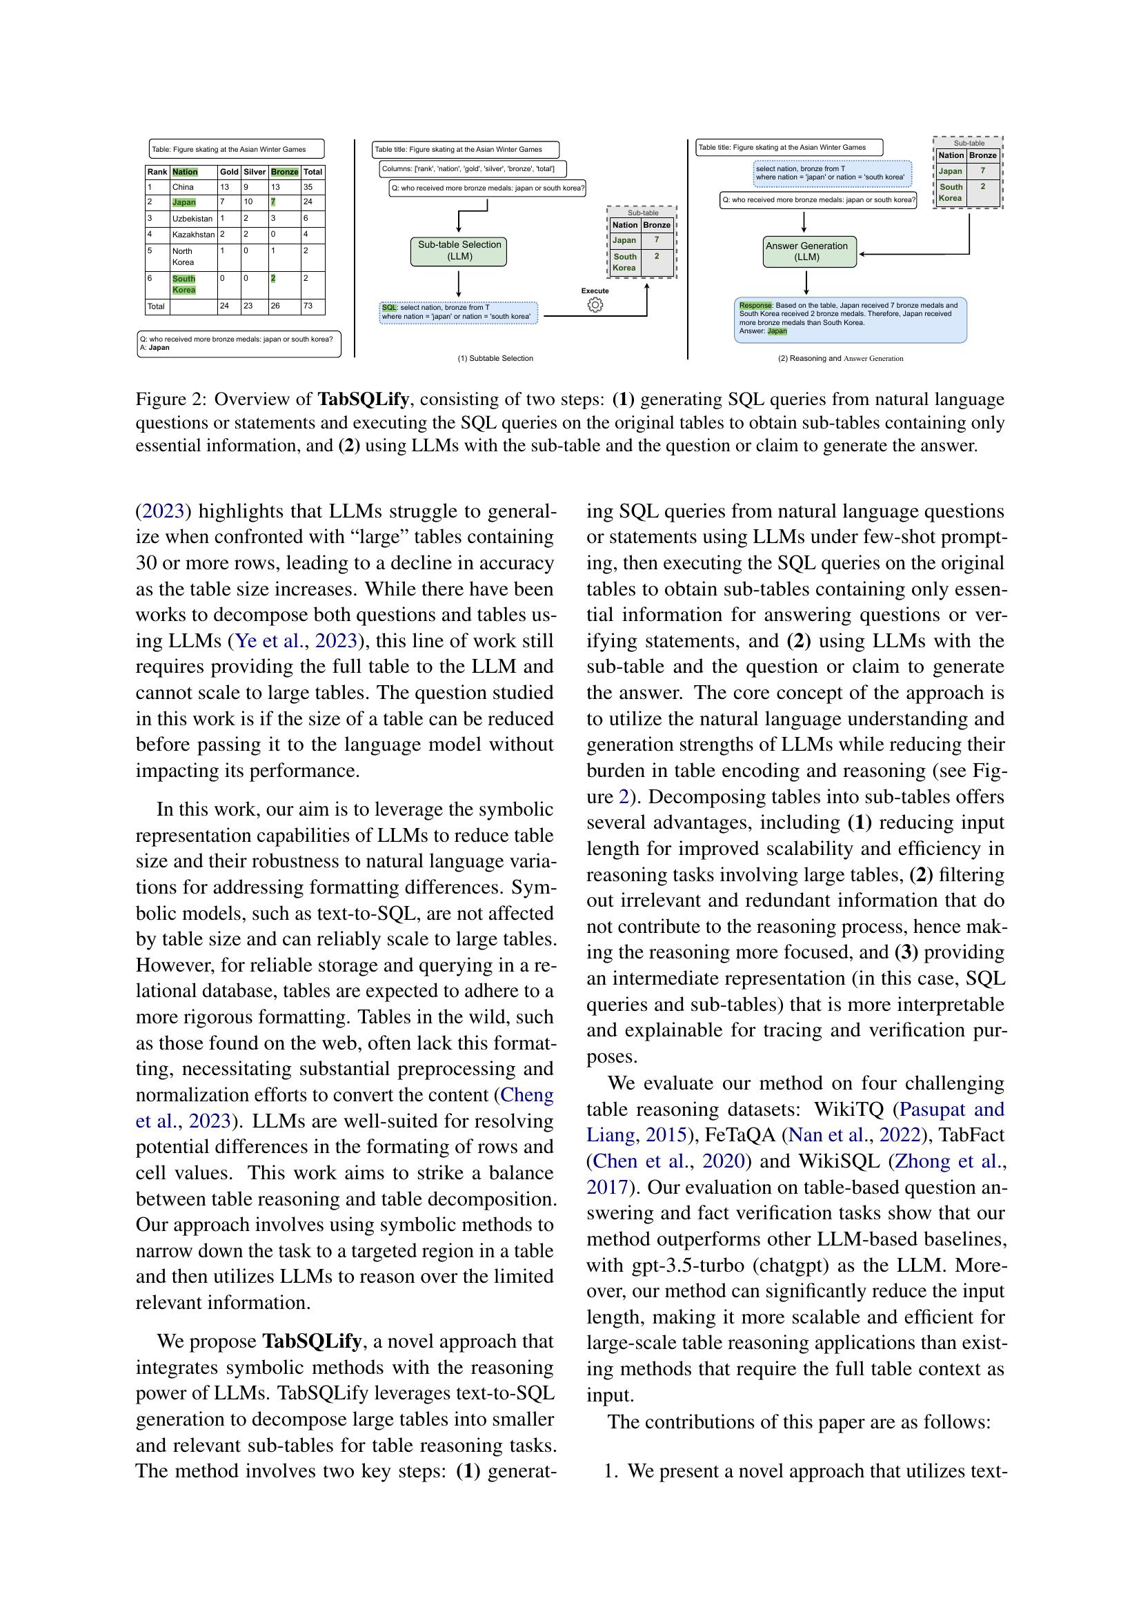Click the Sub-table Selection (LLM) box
[x=458, y=251]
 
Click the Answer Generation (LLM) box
[x=809, y=252]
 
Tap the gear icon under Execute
[x=595, y=305]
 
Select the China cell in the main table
[x=183, y=188]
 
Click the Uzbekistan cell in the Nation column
[x=192, y=219]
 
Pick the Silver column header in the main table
[x=255, y=172]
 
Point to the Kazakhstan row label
[x=192, y=234]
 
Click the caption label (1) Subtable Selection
[x=495, y=359]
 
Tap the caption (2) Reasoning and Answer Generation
[x=840, y=359]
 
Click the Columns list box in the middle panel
[x=472, y=168]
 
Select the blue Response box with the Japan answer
[x=850, y=319]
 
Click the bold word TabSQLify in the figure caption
[x=363, y=400]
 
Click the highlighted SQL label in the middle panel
[x=389, y=308]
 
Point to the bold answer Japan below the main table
[x=159, y=348]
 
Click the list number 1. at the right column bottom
[x=611, y=1471]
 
